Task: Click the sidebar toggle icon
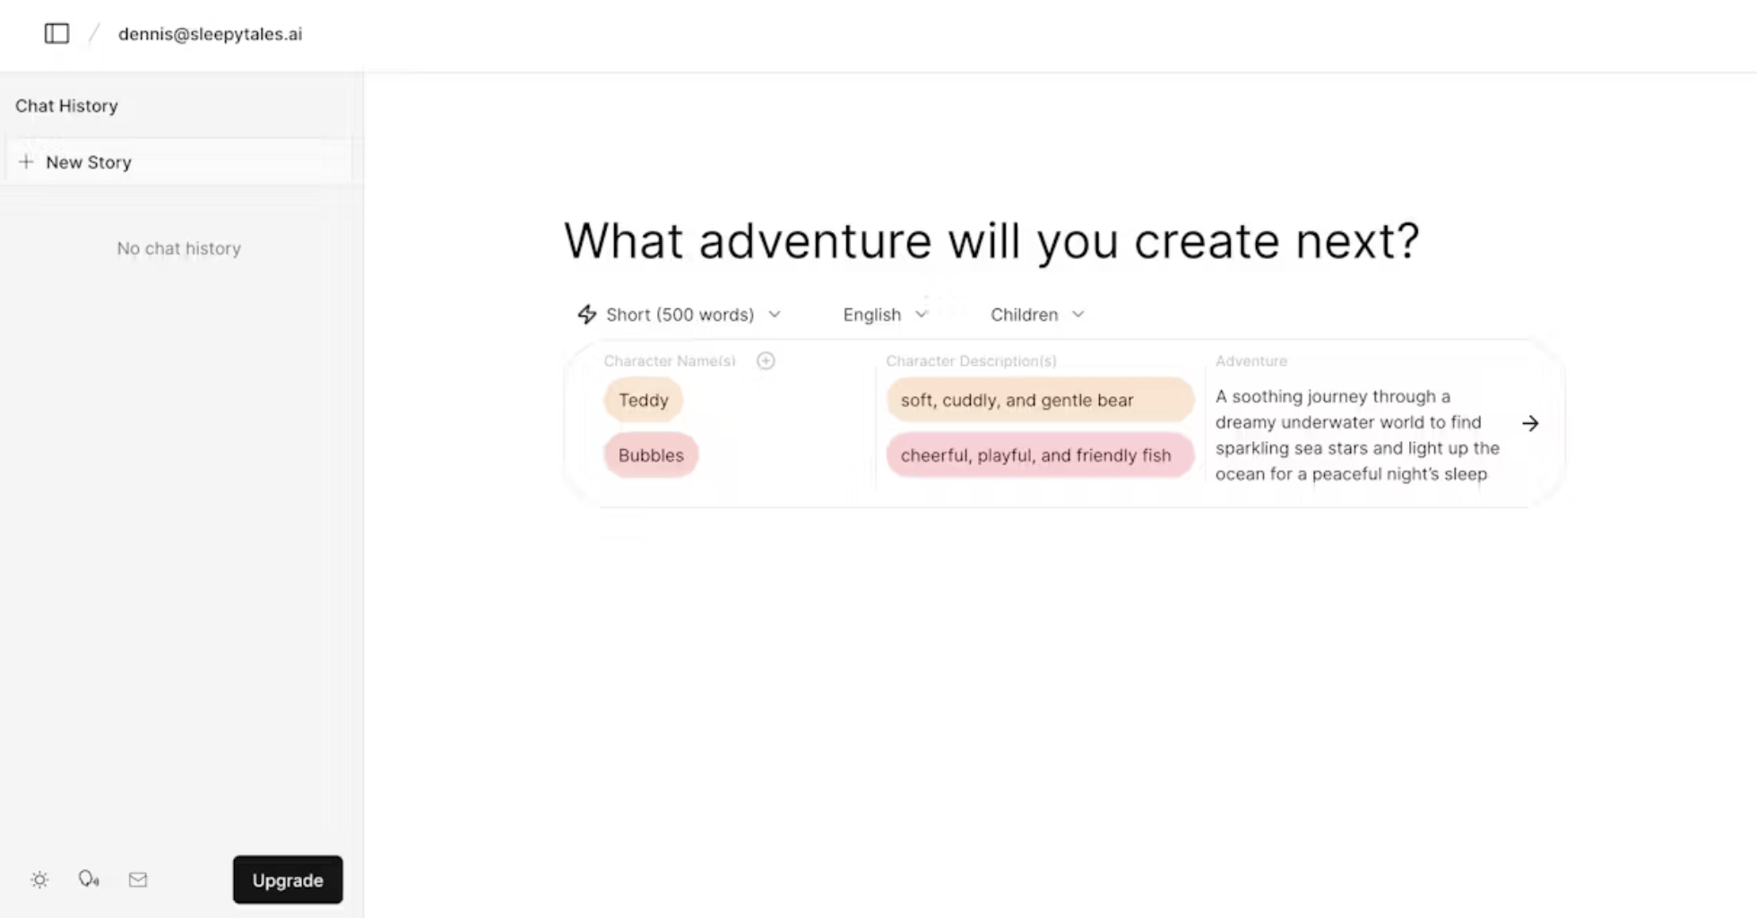56,34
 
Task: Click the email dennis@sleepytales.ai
211,34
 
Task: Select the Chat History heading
66,106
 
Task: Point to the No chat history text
179,248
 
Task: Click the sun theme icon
39,879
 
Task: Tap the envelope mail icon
138,879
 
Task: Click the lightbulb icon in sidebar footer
89,879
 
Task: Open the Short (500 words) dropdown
680,315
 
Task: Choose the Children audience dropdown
1037,315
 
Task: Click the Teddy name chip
644,400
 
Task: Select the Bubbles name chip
651,455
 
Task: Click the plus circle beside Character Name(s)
766,360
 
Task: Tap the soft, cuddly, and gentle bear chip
1040,400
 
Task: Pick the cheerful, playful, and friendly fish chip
1040,455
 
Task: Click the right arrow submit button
1530,423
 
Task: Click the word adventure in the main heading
816,241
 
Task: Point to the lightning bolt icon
587,314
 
